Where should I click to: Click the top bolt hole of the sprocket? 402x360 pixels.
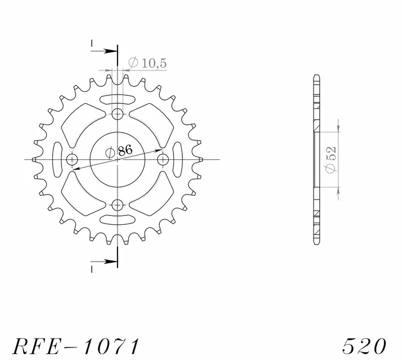pos(117,114)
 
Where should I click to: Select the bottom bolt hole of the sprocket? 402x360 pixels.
pos(117,205)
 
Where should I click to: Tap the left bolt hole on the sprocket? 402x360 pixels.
pos(72,159)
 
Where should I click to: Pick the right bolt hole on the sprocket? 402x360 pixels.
pos(163,159)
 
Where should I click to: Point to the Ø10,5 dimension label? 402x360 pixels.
pos(147,64)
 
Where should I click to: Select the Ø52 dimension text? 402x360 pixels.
pos(331,159)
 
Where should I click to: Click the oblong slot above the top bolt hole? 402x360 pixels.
pos(117,99)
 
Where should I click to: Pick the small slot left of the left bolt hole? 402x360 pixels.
pos(57,159)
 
